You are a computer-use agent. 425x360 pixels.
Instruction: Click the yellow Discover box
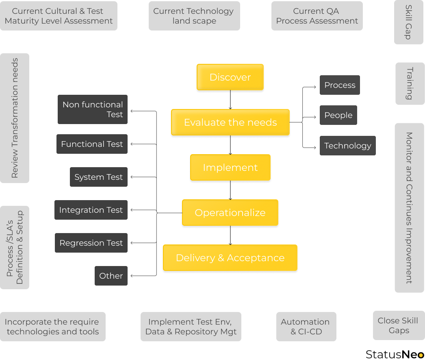230,77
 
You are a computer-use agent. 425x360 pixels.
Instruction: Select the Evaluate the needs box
230,122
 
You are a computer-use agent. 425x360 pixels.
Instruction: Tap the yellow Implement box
230,168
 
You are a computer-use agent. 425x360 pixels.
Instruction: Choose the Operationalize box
230,213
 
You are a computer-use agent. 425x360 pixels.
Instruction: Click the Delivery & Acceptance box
230,258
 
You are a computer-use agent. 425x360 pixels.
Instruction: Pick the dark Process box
340,85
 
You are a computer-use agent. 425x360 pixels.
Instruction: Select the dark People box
338,115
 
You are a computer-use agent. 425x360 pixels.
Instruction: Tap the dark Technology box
347,146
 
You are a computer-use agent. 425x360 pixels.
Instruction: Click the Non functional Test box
93,109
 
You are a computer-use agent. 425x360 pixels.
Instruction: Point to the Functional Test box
92,144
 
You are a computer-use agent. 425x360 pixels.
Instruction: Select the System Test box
98,177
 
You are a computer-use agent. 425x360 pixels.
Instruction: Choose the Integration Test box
91,210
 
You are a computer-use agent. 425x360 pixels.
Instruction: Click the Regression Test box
91,243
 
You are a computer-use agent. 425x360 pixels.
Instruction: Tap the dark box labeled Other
111,276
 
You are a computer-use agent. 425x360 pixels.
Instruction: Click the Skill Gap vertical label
409,22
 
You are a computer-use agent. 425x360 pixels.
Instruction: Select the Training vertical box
410,83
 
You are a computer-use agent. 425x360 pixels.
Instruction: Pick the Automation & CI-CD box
306,327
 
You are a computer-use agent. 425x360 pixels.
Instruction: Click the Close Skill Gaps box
399,325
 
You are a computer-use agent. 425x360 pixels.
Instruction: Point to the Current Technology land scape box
194,16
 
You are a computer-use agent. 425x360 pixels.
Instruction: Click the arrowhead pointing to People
315,117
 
